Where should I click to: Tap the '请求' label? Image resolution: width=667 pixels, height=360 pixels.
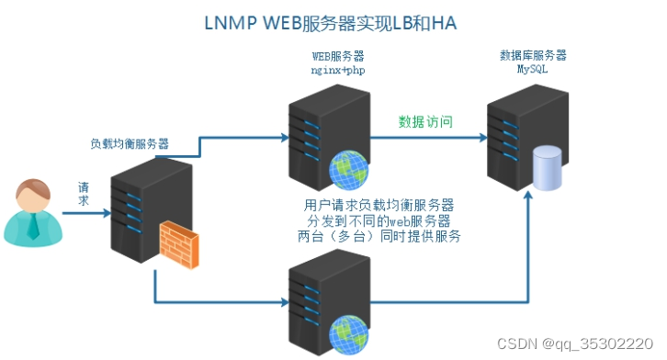83,193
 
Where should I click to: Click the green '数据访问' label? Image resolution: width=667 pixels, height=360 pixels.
425,121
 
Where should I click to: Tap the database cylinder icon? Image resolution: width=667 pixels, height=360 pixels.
548,165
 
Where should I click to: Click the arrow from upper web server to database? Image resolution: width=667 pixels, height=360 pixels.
427,138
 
